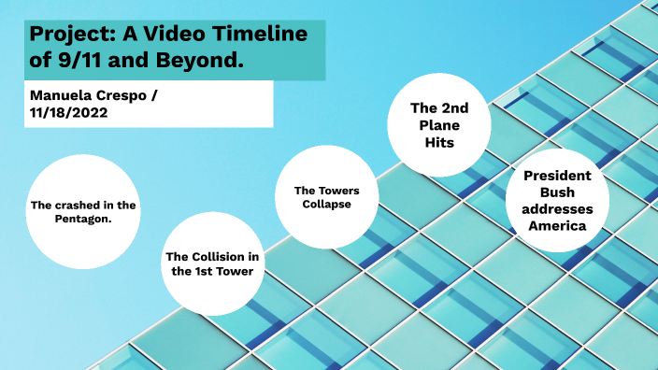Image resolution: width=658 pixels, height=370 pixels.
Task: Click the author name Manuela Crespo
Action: pyautogui.click(x=83, y=95)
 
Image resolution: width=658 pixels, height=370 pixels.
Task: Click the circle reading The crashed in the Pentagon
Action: pyautogui.click(x=82, y=211)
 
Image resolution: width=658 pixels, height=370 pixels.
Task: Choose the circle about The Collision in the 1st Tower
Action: pyautogui.click(x=213, y=263)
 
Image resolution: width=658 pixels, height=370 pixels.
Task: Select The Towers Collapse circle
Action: pyautogui.click(x=326, y=198)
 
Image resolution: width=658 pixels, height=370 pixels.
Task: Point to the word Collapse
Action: pyautogui.click(x=326, y=205)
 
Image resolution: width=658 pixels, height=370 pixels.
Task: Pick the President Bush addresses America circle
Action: pyautogui.click(x=556, y=201)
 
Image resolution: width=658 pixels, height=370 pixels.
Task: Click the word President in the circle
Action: pyautogui.click(x=556, y=176)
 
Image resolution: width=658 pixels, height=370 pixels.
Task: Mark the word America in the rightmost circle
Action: pyautogui.click(x=556, y=225)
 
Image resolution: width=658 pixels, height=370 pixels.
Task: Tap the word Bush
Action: pyautogui.click(x=556, y=192)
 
